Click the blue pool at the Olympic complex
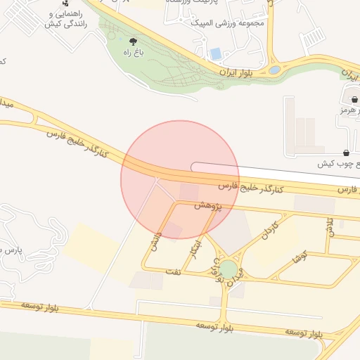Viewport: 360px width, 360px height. [x=216, y=53]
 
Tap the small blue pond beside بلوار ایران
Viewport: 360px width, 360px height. [x=274, y=70]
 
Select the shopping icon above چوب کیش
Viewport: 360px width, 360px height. [x=346, y=153]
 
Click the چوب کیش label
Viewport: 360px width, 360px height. [x=338, y=163]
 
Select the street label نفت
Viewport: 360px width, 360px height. [x=174, y=269]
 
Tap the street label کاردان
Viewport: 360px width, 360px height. [x=271, y=230]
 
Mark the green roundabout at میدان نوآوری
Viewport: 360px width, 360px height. [x=228, y=269]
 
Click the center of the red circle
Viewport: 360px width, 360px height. [x=180, y=180]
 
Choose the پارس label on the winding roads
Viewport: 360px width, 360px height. [x=11, y=249]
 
